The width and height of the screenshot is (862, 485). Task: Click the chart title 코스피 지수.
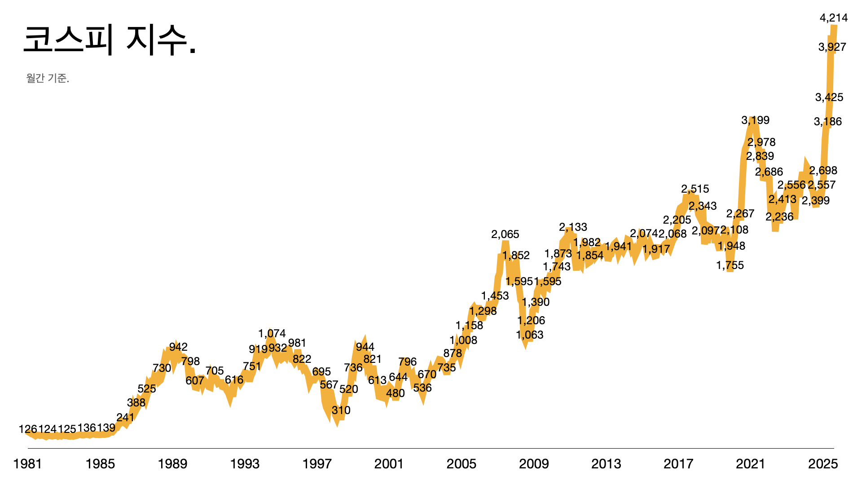(x=110, y=40)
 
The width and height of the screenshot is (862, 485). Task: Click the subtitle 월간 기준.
(x=48, y=79)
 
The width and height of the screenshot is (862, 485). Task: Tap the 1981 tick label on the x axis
(x=28, y=464)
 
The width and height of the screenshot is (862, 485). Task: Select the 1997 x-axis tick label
(x=317, y=464)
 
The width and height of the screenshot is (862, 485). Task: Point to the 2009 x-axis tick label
(x=533, y=464)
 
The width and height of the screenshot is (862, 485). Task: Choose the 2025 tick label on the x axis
(x=822, y=464)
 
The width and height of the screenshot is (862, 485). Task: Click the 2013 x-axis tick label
(x=606, y=464)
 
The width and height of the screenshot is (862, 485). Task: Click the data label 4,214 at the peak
(x=834, y=18)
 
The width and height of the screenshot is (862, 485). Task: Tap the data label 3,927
(x=832, y=47)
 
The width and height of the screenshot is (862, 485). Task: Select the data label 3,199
(x=755, y=120)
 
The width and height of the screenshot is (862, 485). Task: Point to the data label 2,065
(x=505, y=234)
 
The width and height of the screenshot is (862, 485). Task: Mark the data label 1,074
(x=272, y=334)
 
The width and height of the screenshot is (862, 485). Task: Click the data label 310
(x=341, y=410)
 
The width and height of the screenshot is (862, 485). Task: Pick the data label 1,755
(x=730, y=265)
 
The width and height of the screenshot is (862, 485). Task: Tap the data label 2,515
(x=695, y=189)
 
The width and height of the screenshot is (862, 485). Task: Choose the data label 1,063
(x=529, y=335)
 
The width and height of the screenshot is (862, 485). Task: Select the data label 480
(x=395, y=393)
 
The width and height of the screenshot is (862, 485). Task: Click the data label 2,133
(x=573, y=227)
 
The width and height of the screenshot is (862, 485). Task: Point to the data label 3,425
(x=829, y=97)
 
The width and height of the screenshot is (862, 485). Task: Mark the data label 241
(x=125, y=418)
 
